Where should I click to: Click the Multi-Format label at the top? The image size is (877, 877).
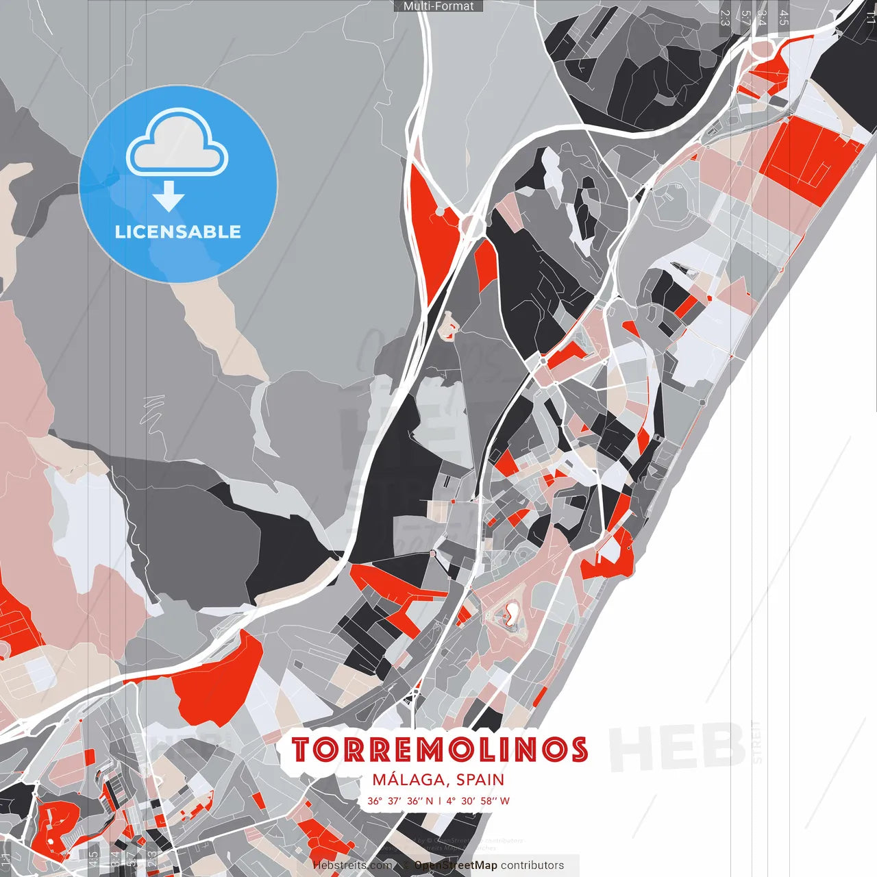[x=438, y=6]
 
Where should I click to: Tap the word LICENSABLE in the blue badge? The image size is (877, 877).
[x=178, y=232]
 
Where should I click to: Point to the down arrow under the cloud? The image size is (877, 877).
[x=169, y=197]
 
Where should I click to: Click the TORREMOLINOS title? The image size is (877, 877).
[x=439, y=750]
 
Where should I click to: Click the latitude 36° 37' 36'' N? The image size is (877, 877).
[x=400, y=801]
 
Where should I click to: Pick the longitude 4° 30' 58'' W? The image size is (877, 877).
[x=478, y=801]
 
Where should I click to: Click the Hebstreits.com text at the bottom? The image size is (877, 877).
[x=352, y=865]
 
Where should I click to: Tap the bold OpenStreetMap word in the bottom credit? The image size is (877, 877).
[x=456, y=865]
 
